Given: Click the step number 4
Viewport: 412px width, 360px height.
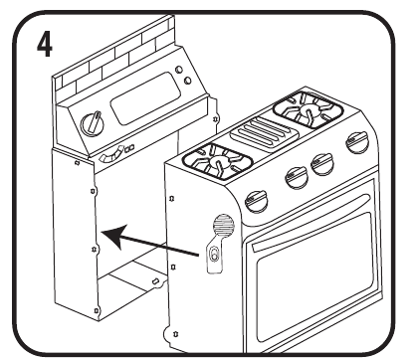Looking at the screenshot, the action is (x=44, y=45).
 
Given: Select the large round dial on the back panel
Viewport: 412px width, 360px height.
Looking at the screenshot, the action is (x=93, y=124).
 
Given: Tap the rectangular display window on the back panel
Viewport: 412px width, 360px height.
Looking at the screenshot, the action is (x=145, y=98).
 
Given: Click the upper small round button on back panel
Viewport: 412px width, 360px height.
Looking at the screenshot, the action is (x=179, y=70).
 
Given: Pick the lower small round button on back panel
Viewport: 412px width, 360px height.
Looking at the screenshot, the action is (x=187, y=80).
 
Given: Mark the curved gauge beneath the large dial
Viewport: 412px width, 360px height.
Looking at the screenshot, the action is (x=111, y=155).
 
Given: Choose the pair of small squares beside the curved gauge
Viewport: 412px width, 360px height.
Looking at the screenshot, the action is (x=129, y=148).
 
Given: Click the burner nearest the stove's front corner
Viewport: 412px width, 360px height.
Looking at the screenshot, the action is (x=217, y=161).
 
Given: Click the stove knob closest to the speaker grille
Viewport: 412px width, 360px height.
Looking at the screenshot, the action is (x=257, y=201).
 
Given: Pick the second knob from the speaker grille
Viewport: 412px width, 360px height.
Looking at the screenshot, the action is (x=297, y=177).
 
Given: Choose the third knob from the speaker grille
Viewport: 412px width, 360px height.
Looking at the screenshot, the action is (x=322, y=164).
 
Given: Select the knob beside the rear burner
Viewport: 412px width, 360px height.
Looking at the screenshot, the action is (x=357, y=141).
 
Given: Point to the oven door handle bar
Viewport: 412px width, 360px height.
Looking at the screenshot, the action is (x=310, y=222).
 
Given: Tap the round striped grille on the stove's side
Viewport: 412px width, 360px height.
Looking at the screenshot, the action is (x=224, y=226).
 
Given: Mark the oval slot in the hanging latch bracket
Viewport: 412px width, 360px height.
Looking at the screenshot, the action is (x=214, y=254).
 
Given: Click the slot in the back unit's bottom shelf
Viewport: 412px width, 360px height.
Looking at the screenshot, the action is (x=154, y=281).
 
